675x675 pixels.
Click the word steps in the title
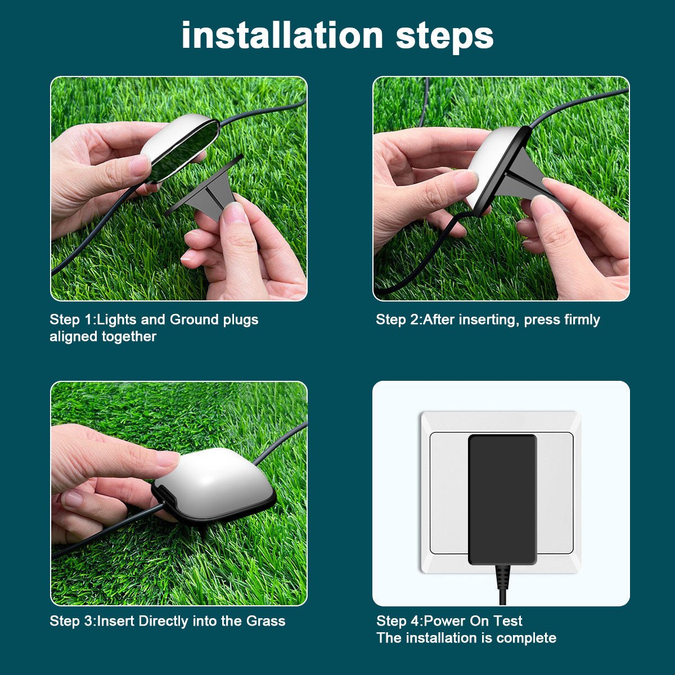pos(444,36)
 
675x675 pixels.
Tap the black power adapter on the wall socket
pos(502,498)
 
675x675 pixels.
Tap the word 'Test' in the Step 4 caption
pos(508,621)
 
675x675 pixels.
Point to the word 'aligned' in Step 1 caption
pos(74,336)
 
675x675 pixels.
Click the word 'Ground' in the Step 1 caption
pos(194,319)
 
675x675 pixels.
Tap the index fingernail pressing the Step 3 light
pos(167,459)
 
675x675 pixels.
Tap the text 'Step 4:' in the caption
pos(399,621)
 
